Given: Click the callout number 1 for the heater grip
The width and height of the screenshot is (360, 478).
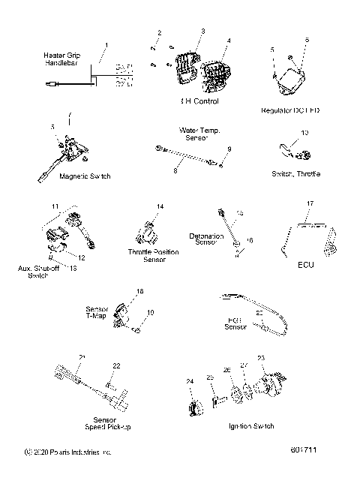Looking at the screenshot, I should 106,45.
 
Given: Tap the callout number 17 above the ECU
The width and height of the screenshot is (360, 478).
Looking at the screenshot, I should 310,203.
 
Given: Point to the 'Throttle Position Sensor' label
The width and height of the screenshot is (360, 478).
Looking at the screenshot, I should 154,255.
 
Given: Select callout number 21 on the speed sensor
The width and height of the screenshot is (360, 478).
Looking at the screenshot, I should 82,356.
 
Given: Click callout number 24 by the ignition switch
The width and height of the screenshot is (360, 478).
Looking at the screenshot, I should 190,381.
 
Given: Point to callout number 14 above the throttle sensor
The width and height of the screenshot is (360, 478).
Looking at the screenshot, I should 160,206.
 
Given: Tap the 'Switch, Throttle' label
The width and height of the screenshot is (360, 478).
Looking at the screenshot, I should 296,174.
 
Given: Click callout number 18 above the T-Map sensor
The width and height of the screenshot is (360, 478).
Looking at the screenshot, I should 139,291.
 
